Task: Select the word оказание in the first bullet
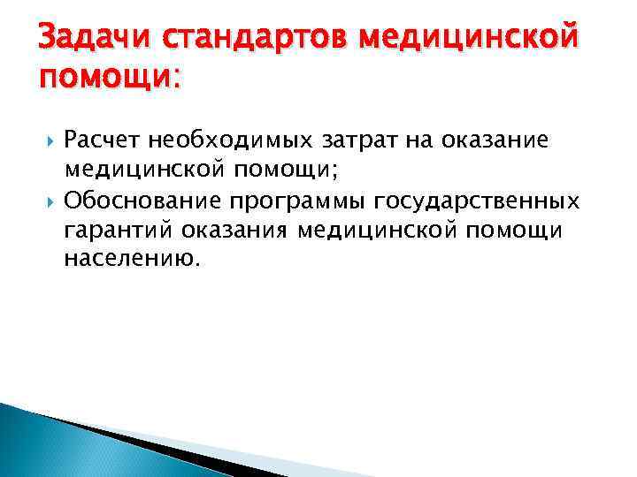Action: point(500,140)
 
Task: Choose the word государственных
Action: point(477,201)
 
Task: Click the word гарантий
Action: point(118,231)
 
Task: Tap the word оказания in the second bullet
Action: point(235,231)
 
